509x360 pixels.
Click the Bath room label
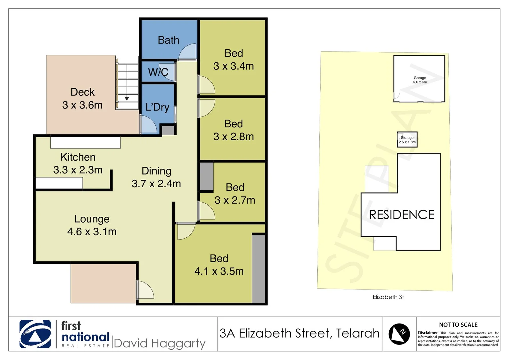[x=168, y=40]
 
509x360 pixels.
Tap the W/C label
[x=158, y=72]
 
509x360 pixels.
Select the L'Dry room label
[x=157, y=107]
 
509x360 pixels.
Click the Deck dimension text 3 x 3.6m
[x=82, y=105]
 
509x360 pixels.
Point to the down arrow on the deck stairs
[x=127, y=98]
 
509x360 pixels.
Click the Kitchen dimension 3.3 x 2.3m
[x=78, y=170]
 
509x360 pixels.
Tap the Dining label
[x=156, y=171]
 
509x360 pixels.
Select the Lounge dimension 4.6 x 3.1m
[x=92, y=232]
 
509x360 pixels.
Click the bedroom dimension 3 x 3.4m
[x=234, y=66]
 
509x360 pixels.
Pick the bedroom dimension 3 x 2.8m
[x=234, y=137]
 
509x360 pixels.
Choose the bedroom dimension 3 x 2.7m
[x=235, y=200]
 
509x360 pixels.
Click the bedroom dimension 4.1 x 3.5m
[x=219, y=271]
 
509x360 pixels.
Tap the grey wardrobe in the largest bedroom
[x=258, y=269]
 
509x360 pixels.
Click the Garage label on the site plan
[x=420, y=78]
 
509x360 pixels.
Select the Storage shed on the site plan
[x=407, y=139]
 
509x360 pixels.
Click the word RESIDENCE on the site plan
[x=402, y=215]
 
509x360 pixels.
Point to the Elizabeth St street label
[x=388, y=297]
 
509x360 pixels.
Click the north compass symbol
[x=399, y=334]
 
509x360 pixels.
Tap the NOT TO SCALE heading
[x=458, y=325]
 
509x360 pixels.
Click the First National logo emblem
[x=35, y=334]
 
